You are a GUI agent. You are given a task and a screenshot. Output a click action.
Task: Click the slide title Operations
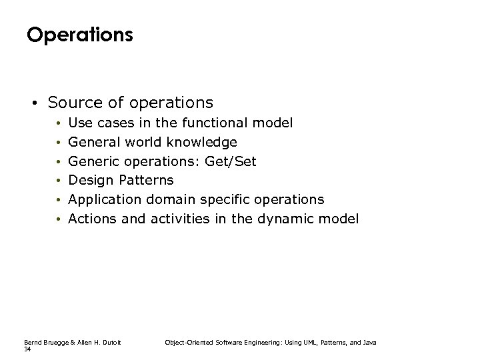tap(79, 35)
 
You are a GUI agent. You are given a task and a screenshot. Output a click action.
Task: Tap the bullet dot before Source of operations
tap(32, 103)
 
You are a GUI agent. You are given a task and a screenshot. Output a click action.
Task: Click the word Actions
tap(94, 219)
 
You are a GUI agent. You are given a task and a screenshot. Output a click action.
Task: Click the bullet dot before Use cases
tap(59, 123)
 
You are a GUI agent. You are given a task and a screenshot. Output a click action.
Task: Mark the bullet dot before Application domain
tap(59, 200)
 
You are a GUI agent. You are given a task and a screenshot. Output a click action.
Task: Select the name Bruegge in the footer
tap(53, 342)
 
